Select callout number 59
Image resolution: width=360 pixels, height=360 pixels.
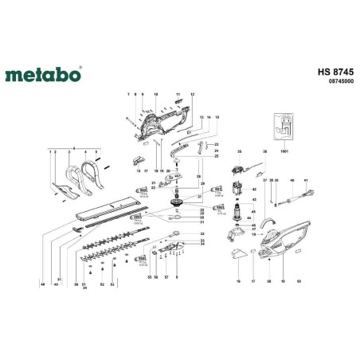tap(298, 281)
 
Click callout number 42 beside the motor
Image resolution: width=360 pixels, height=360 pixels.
tap(255, 189)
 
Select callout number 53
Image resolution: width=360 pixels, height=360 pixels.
tap(112, 284)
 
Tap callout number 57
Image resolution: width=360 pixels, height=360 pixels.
tap(166, 276)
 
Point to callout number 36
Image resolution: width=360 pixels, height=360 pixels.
tap(264, 151)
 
